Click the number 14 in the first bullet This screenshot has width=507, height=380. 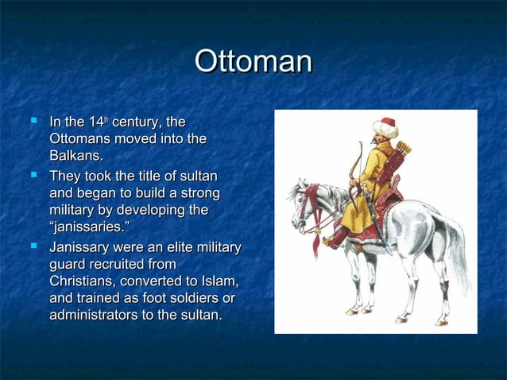point(97,122)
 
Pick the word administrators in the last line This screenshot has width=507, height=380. point(96,316)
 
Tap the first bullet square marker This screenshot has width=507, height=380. point(33,122)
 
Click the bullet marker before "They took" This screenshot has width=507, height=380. point(33,174)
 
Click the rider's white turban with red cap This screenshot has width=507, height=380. point(385,128)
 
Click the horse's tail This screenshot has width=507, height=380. point(456,254)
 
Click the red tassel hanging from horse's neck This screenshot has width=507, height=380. point(315,239)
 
